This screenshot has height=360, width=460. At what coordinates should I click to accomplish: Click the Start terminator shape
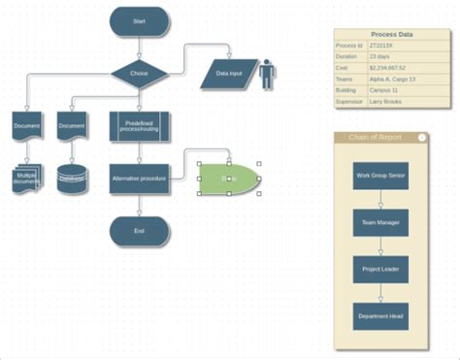(x=139, y=19)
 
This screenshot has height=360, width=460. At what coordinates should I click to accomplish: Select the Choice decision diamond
(x=139, y=73)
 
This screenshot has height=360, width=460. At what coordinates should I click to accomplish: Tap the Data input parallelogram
(x=229, y=74)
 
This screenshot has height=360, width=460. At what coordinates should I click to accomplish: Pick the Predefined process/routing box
(x=140, y=126)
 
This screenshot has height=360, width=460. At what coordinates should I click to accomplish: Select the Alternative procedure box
(x=140, y=178)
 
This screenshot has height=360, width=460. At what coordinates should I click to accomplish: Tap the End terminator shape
(x=139, y=231)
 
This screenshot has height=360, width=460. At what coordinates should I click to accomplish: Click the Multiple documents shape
(x=27, y=179)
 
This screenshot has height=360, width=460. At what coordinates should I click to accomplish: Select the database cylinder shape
(x=71, y=180)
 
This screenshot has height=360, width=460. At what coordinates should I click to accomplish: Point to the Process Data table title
(x=391, y=35)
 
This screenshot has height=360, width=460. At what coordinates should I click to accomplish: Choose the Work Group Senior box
(x=380, y=176)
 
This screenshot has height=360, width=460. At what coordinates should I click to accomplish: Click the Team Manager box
(x=380, y=222)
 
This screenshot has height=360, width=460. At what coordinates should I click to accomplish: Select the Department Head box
(x=380, y=315)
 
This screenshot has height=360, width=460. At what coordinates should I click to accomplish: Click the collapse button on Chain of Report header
(x=421, y=138)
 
